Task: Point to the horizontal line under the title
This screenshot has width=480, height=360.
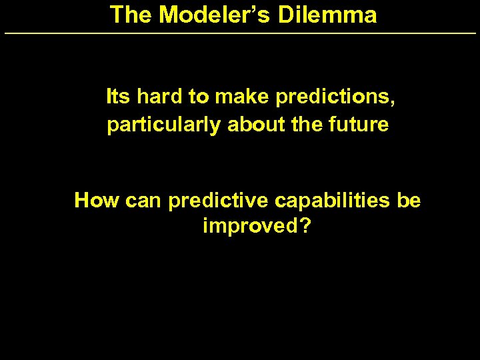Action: pos(240,33)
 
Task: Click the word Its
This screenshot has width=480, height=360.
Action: pos(118,97)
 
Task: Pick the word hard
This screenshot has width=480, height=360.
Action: pos(160,97)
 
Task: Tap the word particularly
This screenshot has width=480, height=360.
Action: pos(164,125)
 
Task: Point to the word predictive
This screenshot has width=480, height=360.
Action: pos(215,201)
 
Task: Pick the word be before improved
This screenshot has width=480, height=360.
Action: pos(409,200)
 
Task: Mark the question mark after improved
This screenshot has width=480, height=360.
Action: pos(305,226)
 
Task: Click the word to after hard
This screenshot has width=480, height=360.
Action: pos(199,98)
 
